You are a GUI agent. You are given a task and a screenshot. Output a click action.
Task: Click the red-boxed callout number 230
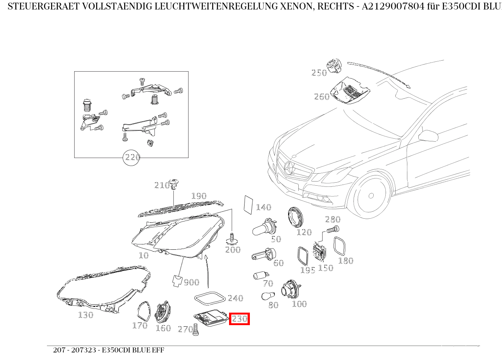[x=239, y=319]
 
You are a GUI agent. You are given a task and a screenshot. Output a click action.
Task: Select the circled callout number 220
[x=132, y=157]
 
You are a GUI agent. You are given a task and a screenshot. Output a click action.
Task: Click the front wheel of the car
[x=371, y=196]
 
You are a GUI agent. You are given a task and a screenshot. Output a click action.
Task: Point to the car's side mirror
[x=428, y=135]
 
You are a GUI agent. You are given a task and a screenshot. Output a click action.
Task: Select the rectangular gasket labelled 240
[x=209, y=298]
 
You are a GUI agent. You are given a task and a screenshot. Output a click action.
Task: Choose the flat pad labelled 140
[x=249, y=205]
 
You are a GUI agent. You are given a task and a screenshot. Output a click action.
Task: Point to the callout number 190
[x=199, y=196]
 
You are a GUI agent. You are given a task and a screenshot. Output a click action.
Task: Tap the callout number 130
[x=86, y=315]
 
